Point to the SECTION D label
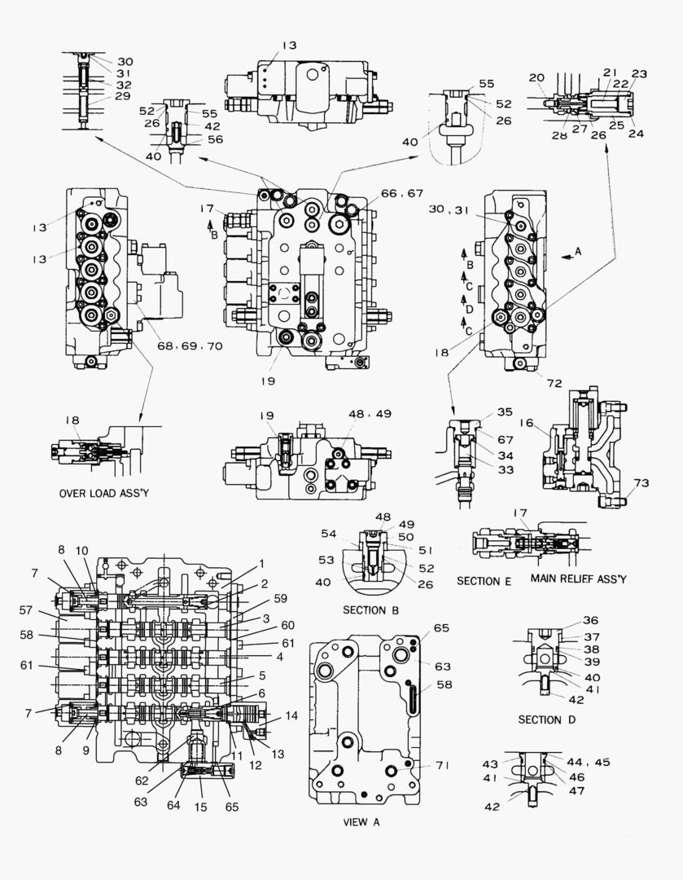[551, 719]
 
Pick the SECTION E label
[484, 580]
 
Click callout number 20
[536, 77]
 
